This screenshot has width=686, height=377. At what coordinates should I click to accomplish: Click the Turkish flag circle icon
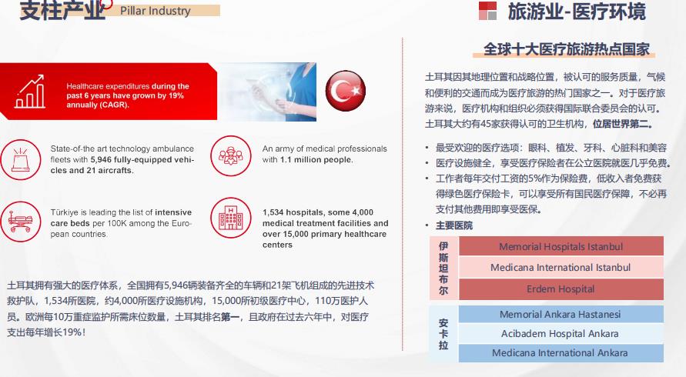pyautogui.click(x=345, y=91)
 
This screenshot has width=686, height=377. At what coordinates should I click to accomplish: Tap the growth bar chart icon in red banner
pyautogui.click(x=29, y=91)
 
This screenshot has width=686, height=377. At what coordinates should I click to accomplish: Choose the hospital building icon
pyautogui.click(x=229, y=220)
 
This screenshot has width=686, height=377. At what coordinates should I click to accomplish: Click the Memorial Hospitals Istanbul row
pyautogui.click(x=561, y=247)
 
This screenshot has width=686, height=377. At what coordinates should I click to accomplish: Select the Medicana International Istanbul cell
pyautogui.click(x=561, y=268)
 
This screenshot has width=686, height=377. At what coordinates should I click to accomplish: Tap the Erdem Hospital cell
pyautogui.click(x=561, y=289)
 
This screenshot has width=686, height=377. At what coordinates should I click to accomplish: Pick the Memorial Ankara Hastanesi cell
pyautogui.click(x=561, y=315)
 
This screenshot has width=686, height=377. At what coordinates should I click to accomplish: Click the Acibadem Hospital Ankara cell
pyautogui.click(x=561, y=334)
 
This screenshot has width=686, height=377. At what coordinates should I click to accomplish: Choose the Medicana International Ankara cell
pyautogui.click(x=561, y=353)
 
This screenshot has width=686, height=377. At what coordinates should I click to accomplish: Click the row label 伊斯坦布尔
pyautogui.click(x=443, y=268)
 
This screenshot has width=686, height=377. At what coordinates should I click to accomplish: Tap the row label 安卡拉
pyautogui.click(x=443, y=334)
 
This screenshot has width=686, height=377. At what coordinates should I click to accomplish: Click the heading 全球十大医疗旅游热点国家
pyautogui.click(x=567, y=49)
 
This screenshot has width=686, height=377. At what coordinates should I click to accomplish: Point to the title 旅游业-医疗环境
pyautogui.click(x=576, y=12)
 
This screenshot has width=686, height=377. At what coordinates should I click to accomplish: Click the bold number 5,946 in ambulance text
pyautogui.click(x=105, y=159)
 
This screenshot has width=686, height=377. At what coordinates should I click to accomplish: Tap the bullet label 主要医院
pyautogui.click(x=453, y=225)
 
